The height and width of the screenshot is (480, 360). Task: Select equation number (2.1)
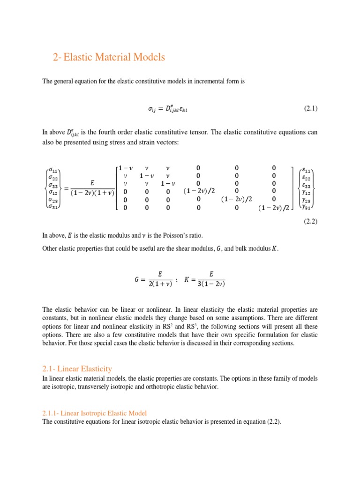pos(311,109)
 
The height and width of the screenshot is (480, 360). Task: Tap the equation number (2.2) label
pos(311,222)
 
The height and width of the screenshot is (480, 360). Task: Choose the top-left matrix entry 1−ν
pos(125,168)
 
